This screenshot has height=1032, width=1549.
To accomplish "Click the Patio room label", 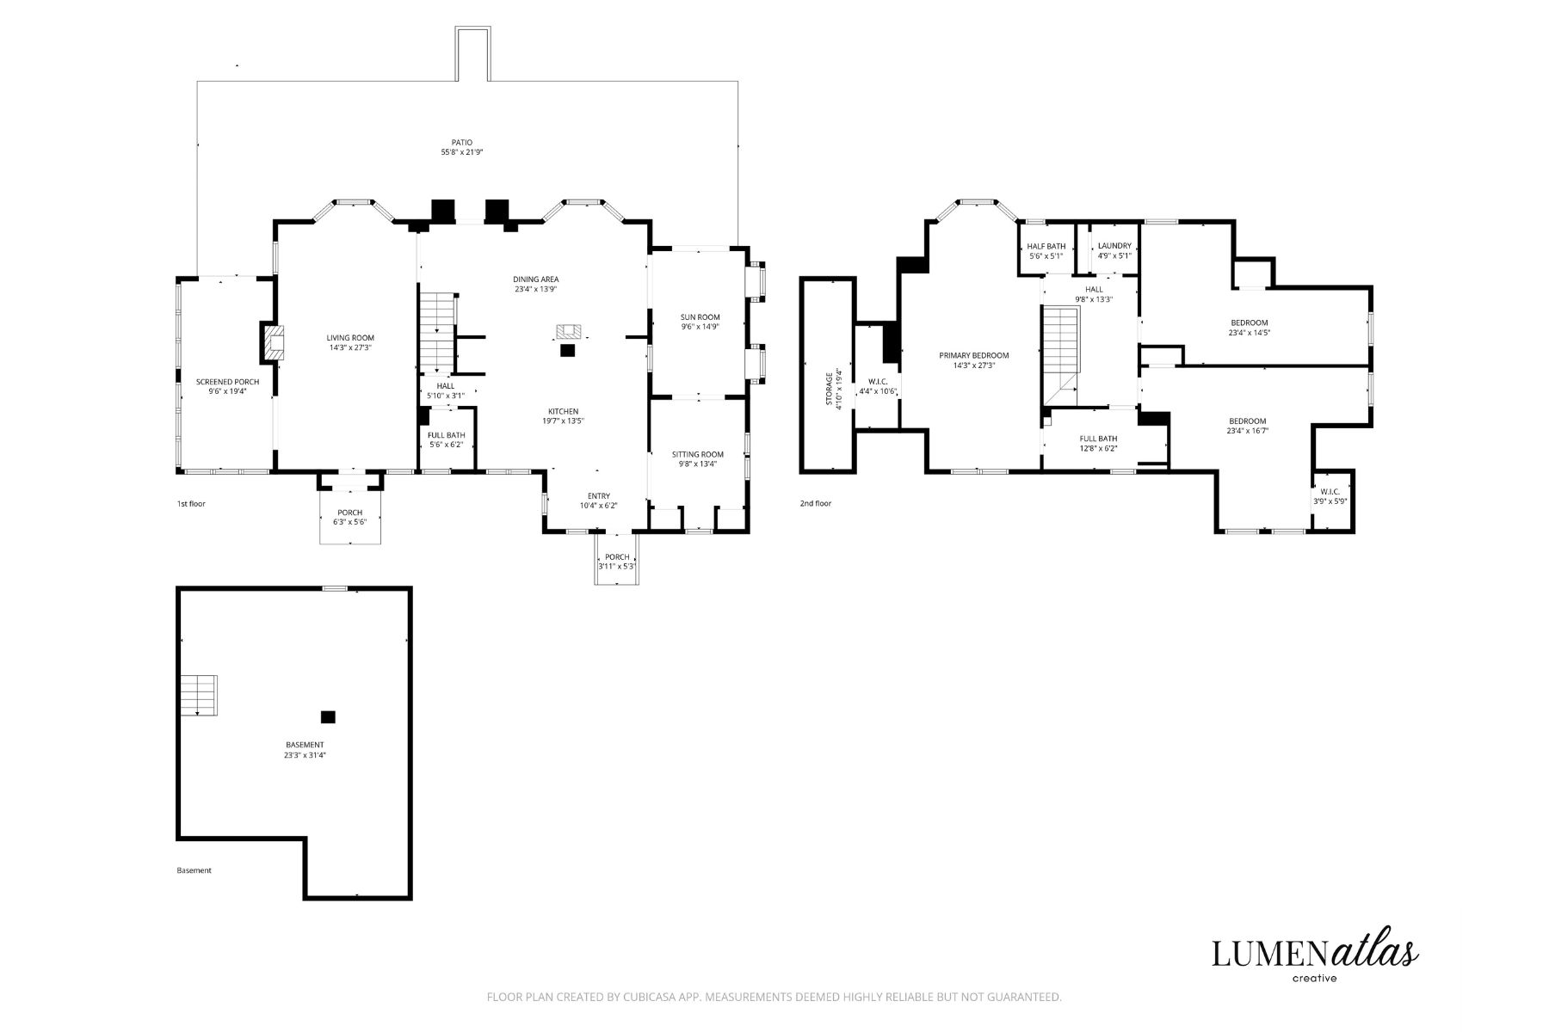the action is [462, 143].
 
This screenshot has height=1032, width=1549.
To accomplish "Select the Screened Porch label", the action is [227, 382].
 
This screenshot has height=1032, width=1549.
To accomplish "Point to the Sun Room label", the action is [700, 317].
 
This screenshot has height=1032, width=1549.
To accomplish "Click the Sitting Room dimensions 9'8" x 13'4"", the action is [698, 464].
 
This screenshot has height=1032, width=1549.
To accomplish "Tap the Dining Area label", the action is [536, 279].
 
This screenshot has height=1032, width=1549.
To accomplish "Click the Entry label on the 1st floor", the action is [599, 496].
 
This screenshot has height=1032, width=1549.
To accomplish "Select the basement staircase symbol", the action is [199, 695].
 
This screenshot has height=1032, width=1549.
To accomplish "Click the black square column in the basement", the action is [328, 716].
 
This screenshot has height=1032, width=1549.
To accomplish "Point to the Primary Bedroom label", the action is [974, 355].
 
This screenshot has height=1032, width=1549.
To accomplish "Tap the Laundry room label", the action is [1114, 246].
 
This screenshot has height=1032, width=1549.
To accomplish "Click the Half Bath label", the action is [1046, 246].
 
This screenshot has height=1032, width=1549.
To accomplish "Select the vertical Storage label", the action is [829, 389].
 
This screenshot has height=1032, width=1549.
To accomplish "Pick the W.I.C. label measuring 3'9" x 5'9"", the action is [1330, 496].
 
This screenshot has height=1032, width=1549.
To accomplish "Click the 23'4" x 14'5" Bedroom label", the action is [1249, 328].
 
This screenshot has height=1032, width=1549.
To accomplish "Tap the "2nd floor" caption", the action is [816, 503].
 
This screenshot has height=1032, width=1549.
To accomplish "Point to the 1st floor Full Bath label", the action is [446, 435].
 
